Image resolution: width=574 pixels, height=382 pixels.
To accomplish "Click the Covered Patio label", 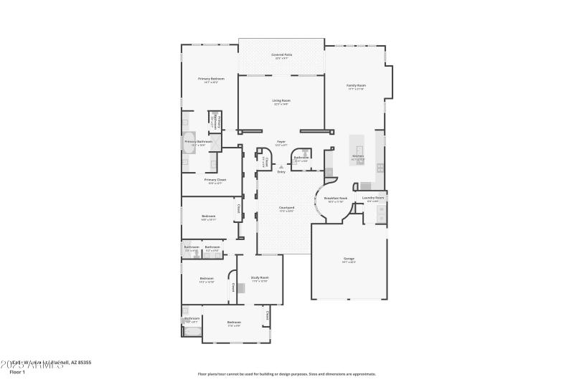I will [x=281, y=55].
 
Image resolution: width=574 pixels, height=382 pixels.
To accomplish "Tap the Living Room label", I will [x=281, y=101].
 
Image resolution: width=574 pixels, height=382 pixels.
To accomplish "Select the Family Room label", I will [x=357, y=86].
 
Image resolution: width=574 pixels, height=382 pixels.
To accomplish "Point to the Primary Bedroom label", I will [x=211, y=79].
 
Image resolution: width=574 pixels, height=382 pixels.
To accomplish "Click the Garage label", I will [x=349, y=259].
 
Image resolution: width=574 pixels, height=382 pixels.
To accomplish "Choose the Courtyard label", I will [x=286, y=208].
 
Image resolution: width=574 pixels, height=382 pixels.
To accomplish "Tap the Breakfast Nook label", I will [x=336, y=199].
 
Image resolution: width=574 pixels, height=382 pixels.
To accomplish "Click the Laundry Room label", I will [x=373, y=198].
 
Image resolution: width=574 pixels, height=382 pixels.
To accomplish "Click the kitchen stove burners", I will [x=380, y=168].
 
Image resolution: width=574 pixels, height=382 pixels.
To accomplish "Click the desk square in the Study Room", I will [x=242, y=288].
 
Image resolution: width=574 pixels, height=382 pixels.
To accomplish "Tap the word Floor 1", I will [x=18, y=372].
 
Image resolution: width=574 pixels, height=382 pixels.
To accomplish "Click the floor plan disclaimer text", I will [x=286, y=373].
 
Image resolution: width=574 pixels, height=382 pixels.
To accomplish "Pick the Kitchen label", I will [x=358, y=156].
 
